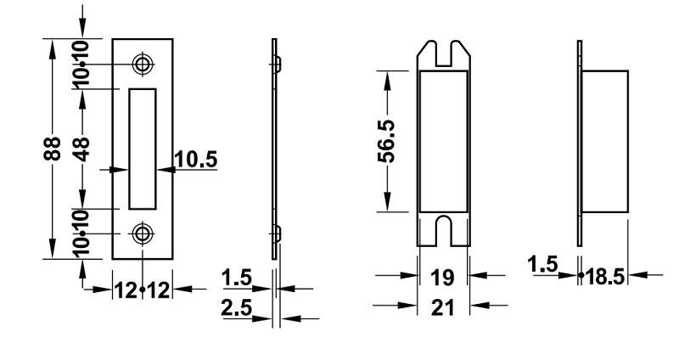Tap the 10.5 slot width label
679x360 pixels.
point(194,158)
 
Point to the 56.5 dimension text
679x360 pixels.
point(387,142)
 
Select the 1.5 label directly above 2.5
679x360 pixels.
point(235,278)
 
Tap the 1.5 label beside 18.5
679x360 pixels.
point(542,264)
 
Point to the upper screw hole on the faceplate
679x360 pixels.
point(143,65)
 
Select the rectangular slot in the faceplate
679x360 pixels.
point(143,148)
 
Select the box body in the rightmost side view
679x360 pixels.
point(605,142)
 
